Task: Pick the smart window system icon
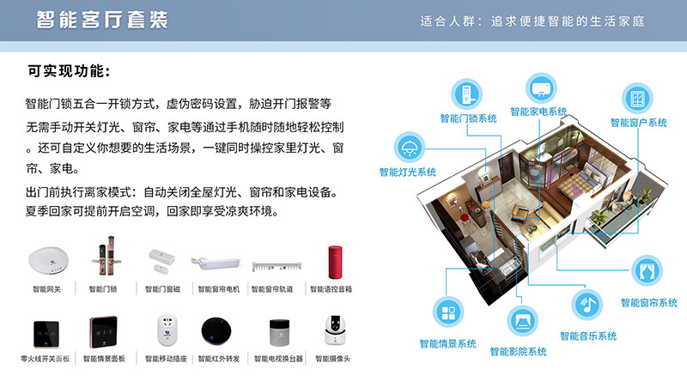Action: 637,97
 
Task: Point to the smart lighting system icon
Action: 408,147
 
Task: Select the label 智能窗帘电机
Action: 220,289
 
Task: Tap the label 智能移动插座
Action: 162,358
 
